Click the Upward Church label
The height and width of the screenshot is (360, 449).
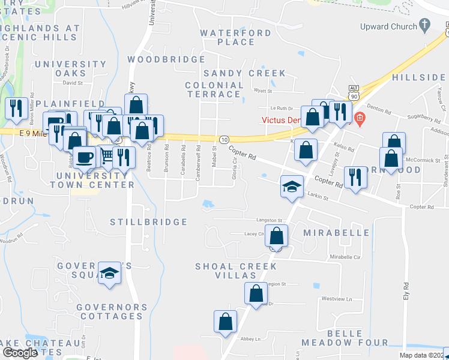coord(388,26)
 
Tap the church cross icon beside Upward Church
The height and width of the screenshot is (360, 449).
coord(425,26)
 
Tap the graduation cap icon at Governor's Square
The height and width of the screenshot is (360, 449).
coord(109,273)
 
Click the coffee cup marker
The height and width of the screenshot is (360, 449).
coord(85,157)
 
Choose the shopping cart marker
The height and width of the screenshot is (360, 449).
coord(106,155)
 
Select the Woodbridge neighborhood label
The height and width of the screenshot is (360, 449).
coord(166,59)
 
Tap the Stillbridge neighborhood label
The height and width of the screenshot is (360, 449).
coord(149,222)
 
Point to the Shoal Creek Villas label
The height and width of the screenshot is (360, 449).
coord(236,271)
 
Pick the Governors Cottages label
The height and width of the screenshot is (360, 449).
coord(112,311)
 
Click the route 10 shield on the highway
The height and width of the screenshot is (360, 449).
coord(223,139)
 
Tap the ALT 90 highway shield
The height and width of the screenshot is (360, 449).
coord(353,93)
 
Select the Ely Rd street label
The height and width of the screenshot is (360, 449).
coord(406,292)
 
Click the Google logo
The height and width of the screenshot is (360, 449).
coord(20,353)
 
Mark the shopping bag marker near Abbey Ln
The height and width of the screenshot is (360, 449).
coord(226,321)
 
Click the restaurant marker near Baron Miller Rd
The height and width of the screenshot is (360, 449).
coord(16,109)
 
